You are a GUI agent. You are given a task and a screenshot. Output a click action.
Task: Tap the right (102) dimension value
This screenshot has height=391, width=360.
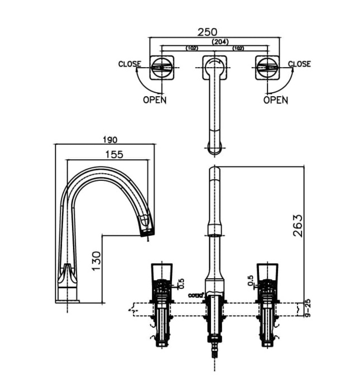click(x=238, y=49)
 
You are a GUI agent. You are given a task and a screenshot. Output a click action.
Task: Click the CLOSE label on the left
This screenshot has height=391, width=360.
click(x=129, y=64)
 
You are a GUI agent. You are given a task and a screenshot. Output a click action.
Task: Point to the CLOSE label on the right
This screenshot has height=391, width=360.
click(x=299, y=64)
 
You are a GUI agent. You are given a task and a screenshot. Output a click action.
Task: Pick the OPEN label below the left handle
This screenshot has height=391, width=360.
click(x=155, y=100)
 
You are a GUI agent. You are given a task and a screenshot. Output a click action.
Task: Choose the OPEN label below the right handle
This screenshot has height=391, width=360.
click(x=276, y=100)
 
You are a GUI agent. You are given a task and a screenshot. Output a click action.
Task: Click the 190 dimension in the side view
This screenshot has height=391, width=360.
click(x=109, y=139)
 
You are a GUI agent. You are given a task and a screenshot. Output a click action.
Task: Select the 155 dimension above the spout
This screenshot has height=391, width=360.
click(x=113, y=155)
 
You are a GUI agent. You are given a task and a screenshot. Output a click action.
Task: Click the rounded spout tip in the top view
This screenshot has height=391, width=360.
click(x=214, y=147)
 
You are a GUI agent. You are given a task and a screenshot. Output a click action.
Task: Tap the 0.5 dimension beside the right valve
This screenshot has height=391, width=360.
click(x=251, y=279)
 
